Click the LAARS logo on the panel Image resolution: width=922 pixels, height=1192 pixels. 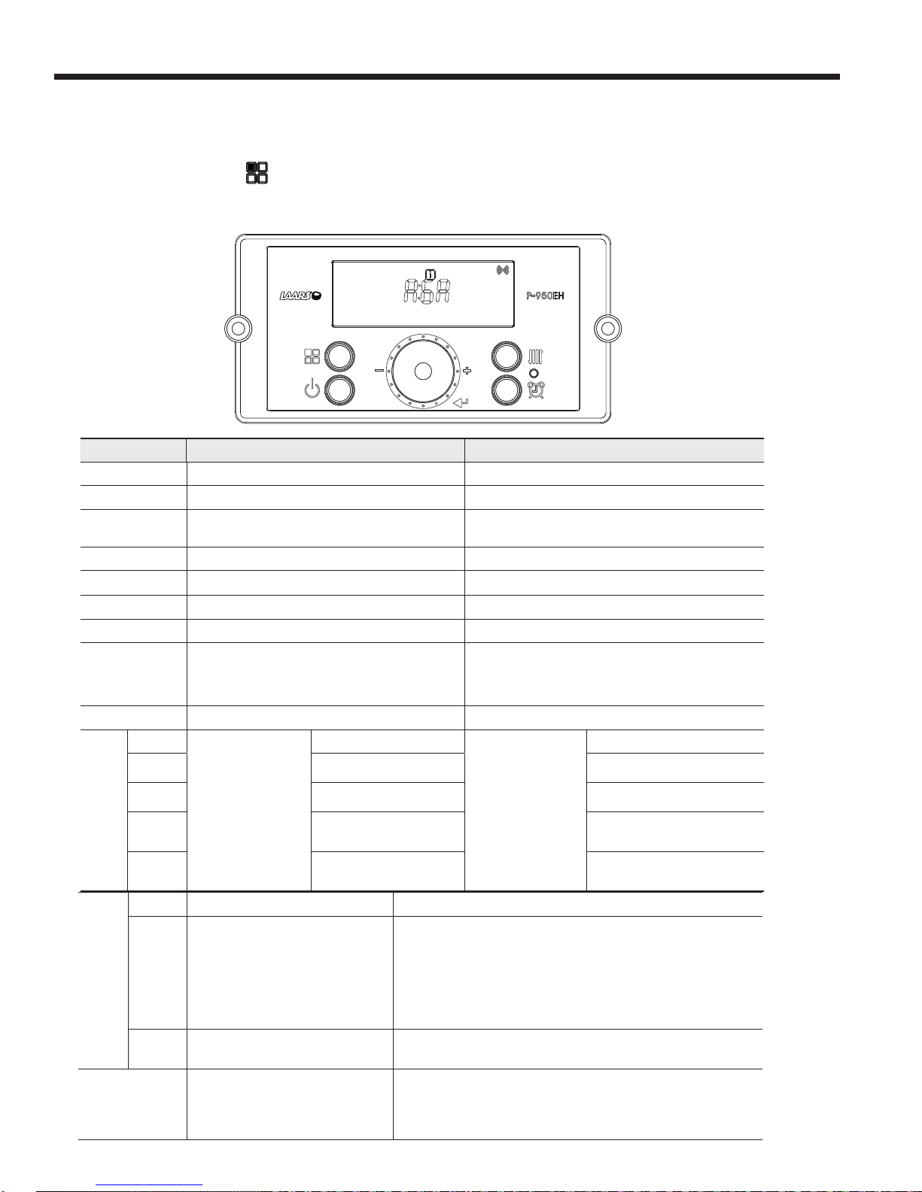(x=300, y=296)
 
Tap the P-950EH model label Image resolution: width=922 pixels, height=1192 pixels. (x=545, y=296)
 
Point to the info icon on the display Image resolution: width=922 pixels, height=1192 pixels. (x=431, y=274)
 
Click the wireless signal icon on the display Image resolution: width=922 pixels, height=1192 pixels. (x=502, y=270)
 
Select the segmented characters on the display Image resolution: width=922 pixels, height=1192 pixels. (x=428, y=291)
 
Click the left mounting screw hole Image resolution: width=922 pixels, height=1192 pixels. (x=238, y=329)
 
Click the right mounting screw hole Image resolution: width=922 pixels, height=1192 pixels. (x=608, y=329)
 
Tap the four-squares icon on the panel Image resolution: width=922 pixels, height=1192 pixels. (x=312, y=356)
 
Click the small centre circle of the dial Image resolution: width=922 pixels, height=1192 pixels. (x=423, y=372)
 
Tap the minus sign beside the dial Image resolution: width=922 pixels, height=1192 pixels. (x=379, y=371)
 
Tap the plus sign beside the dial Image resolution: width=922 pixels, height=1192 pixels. (x=467, y=371)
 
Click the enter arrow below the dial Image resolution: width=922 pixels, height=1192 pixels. (x=461, y=403)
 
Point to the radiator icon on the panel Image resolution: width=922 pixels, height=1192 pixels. (x=536, y=356)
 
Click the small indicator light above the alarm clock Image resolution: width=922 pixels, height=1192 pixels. (x=534, y=373)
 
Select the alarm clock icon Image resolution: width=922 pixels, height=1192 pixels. (x=536, y=390)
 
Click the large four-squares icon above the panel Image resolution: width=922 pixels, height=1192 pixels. (x=257, y=173)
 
